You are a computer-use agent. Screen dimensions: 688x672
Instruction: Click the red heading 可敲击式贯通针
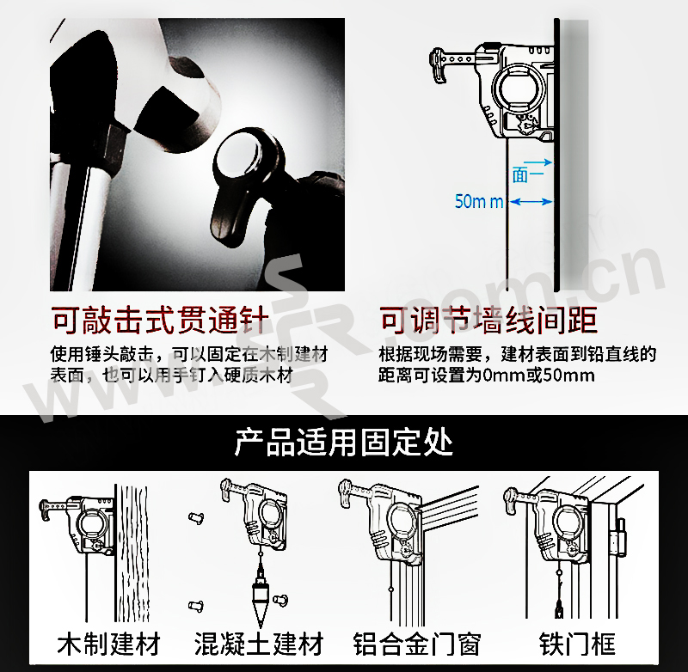(160, 320)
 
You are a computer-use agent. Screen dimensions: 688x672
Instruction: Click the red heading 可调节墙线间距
(488, 320)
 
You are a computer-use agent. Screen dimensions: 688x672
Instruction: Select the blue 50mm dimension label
(479, 201)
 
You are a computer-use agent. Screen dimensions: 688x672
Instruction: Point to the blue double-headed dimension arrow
(531, 202)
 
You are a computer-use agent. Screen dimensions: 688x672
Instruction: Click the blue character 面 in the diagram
(520, 176)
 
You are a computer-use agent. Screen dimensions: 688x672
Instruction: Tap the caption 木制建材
(109, 644)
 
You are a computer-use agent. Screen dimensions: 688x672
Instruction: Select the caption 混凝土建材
(259, 644)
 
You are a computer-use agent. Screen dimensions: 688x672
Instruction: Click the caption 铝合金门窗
(417, 644)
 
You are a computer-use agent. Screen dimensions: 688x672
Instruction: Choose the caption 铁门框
(577, 644)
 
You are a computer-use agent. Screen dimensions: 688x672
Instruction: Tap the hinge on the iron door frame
(621, 536)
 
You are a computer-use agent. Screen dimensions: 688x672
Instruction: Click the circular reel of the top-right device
(519, 88)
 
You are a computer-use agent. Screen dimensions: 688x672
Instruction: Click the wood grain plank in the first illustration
(132, 553)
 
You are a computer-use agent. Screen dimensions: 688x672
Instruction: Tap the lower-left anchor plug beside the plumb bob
(196, 605)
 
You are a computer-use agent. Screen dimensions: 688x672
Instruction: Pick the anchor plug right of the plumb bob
(280, 599)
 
